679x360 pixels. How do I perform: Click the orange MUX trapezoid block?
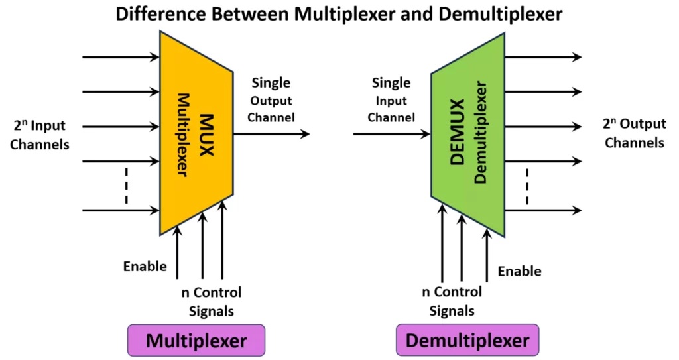pos(196,133)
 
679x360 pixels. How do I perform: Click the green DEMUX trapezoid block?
pos(467,133)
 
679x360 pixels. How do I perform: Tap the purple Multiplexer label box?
pos(196,341)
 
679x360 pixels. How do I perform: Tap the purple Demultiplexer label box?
pos(467,341)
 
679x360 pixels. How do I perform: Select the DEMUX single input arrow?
pos(391,134)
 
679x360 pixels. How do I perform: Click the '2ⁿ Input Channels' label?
pos(40,135)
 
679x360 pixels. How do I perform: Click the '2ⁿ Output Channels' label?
pos(634,133)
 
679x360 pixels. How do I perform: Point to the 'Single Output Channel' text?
pos(272,100)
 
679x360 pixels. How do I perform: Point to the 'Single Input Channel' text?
pos(391,100)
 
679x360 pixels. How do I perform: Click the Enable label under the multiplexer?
pos(145,267)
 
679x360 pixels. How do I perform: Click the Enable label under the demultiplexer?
pos(519,271)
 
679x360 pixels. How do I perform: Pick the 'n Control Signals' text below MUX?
pos(211,301)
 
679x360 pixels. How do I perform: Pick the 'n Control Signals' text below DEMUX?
pos(452,301)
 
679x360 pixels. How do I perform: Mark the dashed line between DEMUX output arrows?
pos(526,186)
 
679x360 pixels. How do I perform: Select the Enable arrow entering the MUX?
pos(177,252)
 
